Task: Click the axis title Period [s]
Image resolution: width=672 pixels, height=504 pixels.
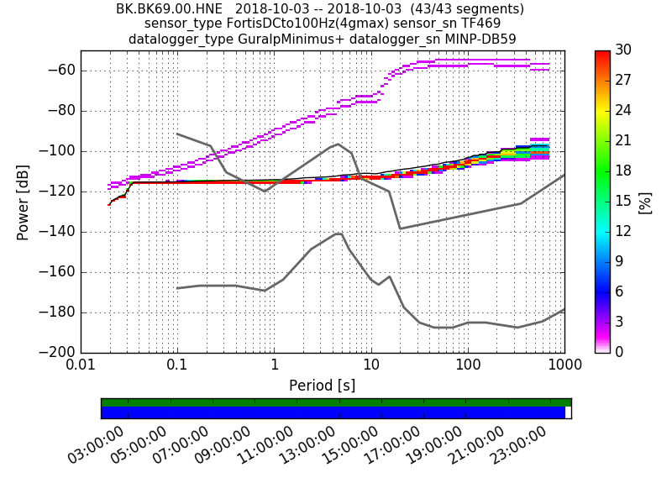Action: tap(323, 386)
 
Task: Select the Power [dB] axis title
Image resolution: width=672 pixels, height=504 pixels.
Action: tap(24, 202)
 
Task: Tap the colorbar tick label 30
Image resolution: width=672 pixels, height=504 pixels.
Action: tap(623, 50)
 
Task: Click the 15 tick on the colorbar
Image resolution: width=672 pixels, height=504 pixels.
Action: tap(623, 202)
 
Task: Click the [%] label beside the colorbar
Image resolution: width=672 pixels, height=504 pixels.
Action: tap(645, 202)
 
